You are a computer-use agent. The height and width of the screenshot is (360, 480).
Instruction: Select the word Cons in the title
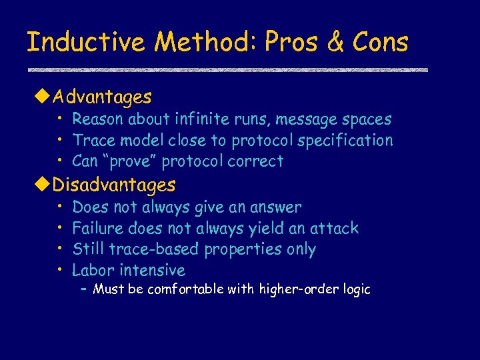coord(380,43)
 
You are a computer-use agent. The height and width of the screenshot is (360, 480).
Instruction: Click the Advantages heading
coord(102,97)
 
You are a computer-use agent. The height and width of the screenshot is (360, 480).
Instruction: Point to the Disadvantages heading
coord(114,185)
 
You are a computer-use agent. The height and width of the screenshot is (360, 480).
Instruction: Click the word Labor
coord(93,270)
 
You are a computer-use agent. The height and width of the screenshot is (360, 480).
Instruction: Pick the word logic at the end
coord(355,289)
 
